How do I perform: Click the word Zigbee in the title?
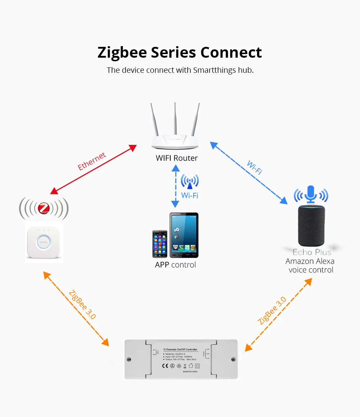[122, 53]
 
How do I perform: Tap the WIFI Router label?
[177, 158]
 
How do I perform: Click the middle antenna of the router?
[175, 119]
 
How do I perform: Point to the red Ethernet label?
[92, 161]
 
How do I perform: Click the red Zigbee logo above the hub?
[44, 208]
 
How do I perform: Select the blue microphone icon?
[311, 194]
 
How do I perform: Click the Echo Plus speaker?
[311, 225]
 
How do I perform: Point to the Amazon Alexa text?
[310, 261]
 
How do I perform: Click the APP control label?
[175, 265]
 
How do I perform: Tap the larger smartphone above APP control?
[184, 235]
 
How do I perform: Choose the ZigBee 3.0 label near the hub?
[82, 305]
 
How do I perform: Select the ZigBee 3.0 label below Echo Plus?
[272, 310]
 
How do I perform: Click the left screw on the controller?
[129, 359]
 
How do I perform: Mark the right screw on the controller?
[233, 359]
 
